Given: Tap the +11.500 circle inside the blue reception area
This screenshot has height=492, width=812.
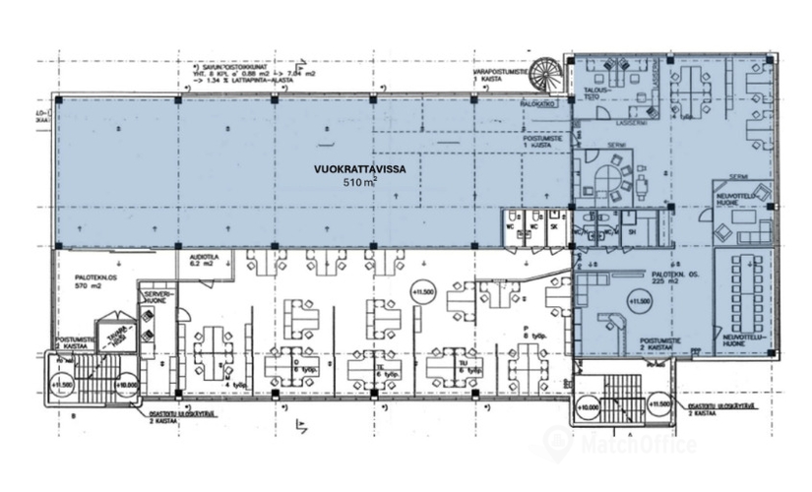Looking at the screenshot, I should click(641, 299).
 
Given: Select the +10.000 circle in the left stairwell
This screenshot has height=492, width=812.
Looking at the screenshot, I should click(125, 386).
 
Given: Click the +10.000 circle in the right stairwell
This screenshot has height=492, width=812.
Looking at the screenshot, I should click(589, 407).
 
